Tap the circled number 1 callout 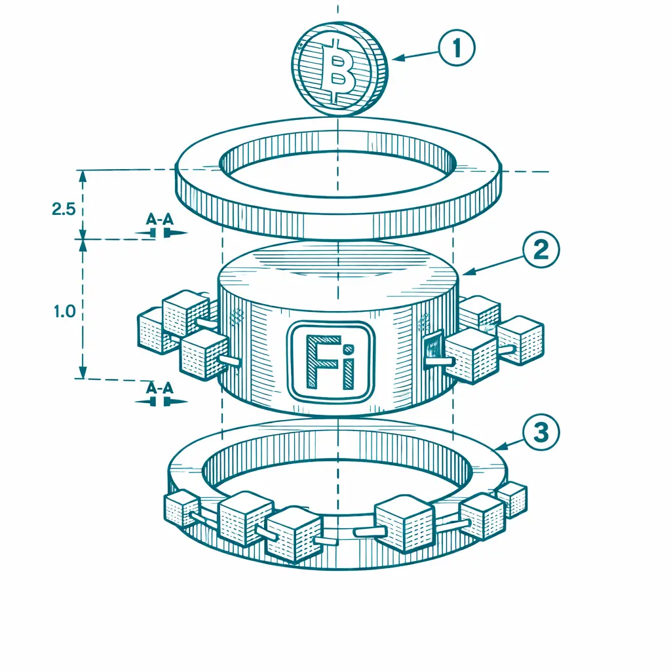pyautogui.click(x=457, y=47)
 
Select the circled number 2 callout pyautogui.click(x=541, y=250)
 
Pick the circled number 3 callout pyautogui.click(x=541, y=432)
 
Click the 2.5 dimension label pyautogui.click(x=64, y=209)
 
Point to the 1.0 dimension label pyautogui.click(x=65, y=311)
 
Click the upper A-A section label pyautogui.click(x=160, y=220)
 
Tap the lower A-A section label pyautogui.click(x=160, y=388)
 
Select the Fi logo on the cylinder pyautogui.click(x=330, y=362)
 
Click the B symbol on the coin pyautogui.click(x=338, y=71)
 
